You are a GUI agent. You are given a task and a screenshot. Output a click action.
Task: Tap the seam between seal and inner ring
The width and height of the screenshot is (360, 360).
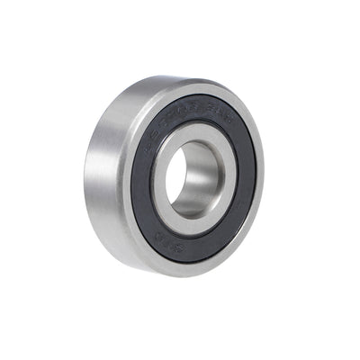222,175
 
